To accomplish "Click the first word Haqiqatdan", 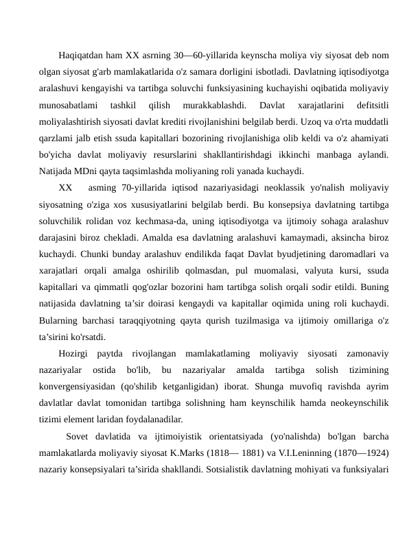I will click(x=83, y=56).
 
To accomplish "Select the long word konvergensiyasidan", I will click(x=77, y=387).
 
